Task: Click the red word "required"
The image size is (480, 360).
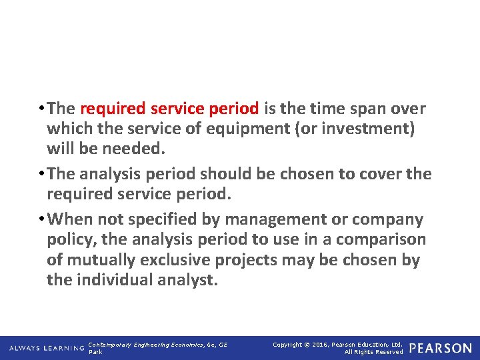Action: pos(113,109)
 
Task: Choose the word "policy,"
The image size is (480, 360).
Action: pos(72,240)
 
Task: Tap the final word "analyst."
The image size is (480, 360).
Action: pos(189,280)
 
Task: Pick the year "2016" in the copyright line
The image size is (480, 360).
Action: pos(319,345)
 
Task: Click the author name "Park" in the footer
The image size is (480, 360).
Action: pos(95,352)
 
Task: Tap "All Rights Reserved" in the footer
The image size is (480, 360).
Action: pos(373,352)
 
